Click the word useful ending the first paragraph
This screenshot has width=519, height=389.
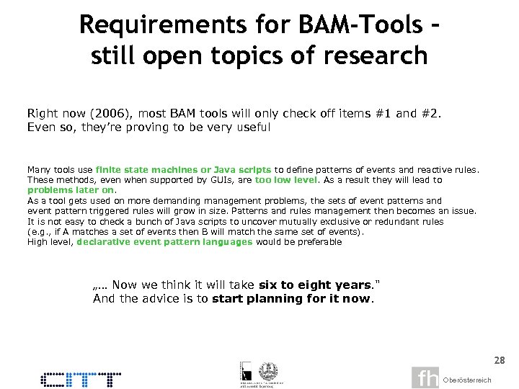pyautogui.click(x=251, y=127)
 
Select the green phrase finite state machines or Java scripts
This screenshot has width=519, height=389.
pyautogui.click(x=183, y=169)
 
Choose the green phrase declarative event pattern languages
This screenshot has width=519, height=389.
pyautogui.click(x=164, y=242)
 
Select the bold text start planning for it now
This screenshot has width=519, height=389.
pyautogui.click(x=291, y=298)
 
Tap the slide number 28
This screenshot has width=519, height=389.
pyautogui.click(x=499, y=359)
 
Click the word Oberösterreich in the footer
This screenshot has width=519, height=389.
pyautogui.click(x=467, y=380)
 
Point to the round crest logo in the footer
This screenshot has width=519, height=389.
pyautogui.click(x=268, y=370)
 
